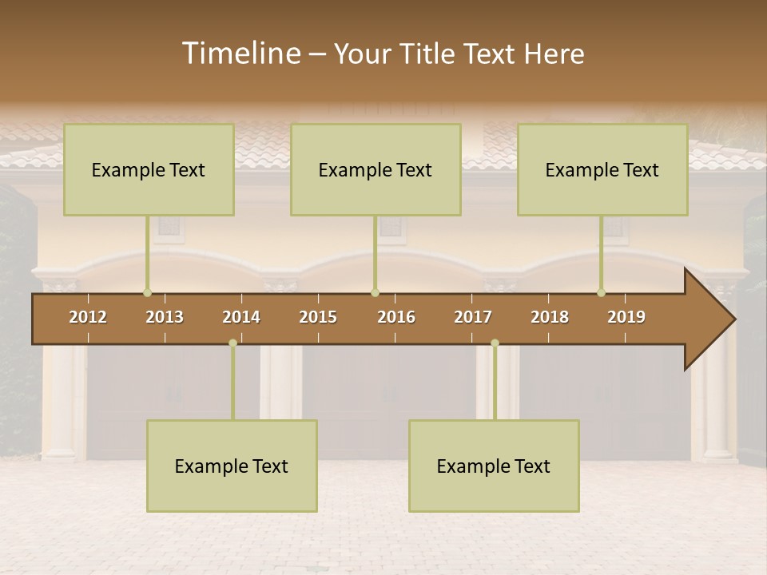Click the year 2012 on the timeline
click(x=88, y=317)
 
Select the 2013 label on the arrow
click(x=165, y=317)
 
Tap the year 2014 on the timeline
click(x=241, y=317)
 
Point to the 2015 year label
click(x=318, y=317)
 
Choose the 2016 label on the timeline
click(x=396, y=317)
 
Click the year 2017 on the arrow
click(x=473, y=317)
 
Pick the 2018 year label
click(x=550, y=317)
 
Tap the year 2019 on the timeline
click(x=626, y=317)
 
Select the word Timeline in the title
click(x=240, y=54)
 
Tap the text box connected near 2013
click(x=149, y=169)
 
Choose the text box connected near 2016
click(x=376, y=169)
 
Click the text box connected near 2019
click(x=602, y=169)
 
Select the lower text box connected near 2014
click(x=232, y=466)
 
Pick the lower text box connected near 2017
click(x=494, y=466)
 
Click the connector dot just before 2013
click(x=148, y=292)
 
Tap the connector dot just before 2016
click(x=375, y=292)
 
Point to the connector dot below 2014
click(x=232, y=343)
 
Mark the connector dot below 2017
click(x=495, y=343)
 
